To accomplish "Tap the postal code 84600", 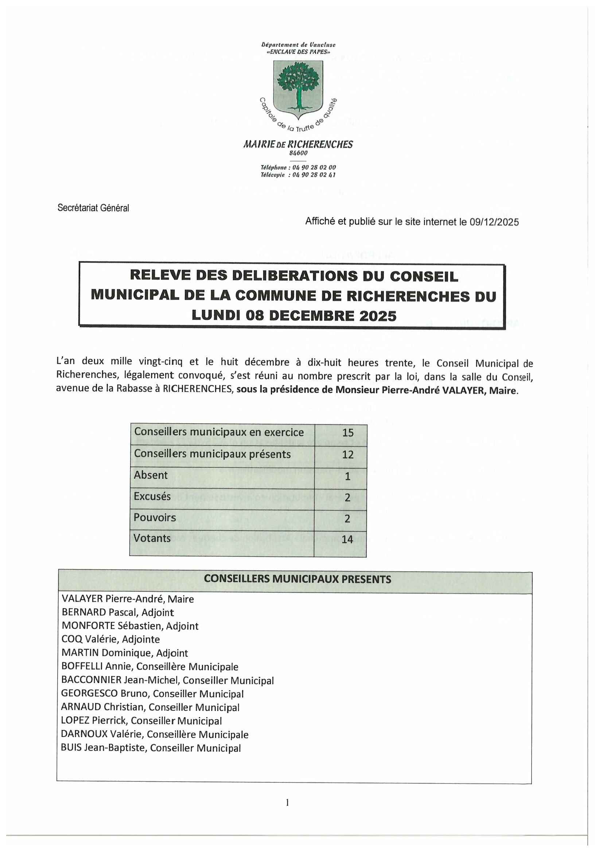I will tap(298, 153).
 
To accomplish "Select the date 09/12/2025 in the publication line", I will tap(494, 222).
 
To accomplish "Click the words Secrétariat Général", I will tap(93, 208).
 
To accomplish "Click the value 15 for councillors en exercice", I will tap(347, 433).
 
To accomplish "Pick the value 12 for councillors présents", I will tap(347, 455).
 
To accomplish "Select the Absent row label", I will tap(150, 475).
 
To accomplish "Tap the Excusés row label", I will tap(152, 496).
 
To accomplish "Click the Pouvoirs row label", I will tap(155, 518).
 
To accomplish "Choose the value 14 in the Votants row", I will tap(347, 539).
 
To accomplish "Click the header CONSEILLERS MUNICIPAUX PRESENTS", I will tap(297, 579).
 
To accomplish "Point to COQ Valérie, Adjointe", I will tap(111, 639).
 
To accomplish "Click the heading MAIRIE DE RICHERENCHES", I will tap(298, 144).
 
